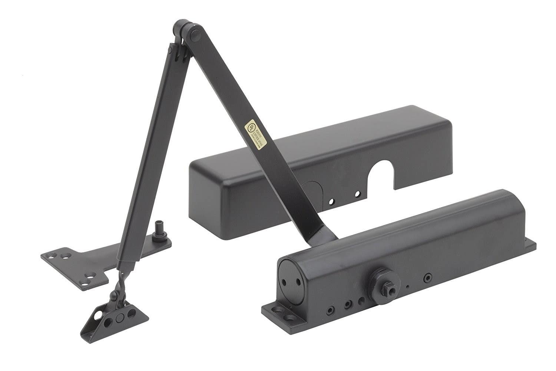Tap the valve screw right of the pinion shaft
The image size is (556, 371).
tap(428, 277)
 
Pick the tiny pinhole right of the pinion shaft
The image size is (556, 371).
tap(407, 286)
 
